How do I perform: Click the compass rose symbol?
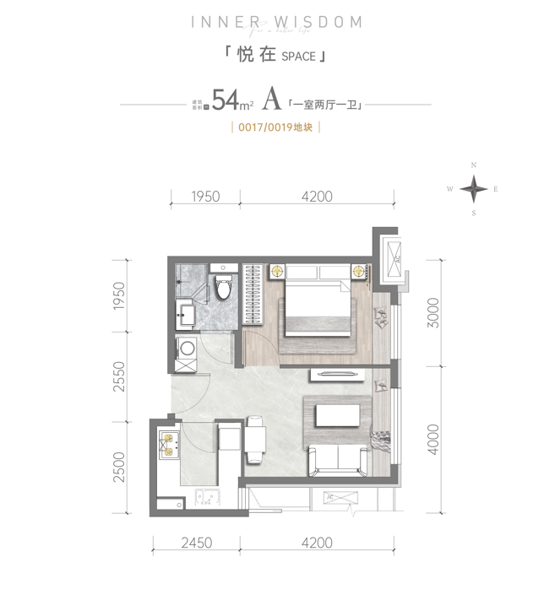474,189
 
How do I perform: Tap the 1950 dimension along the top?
205,197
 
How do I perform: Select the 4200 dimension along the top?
317,197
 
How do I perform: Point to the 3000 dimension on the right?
433,313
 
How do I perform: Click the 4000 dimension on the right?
433,439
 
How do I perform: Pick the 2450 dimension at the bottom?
197,543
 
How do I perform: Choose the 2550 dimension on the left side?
119,374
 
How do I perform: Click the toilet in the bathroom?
223,286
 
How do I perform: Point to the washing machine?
187,351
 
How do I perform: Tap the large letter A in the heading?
271,101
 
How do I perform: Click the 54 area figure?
224,102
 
